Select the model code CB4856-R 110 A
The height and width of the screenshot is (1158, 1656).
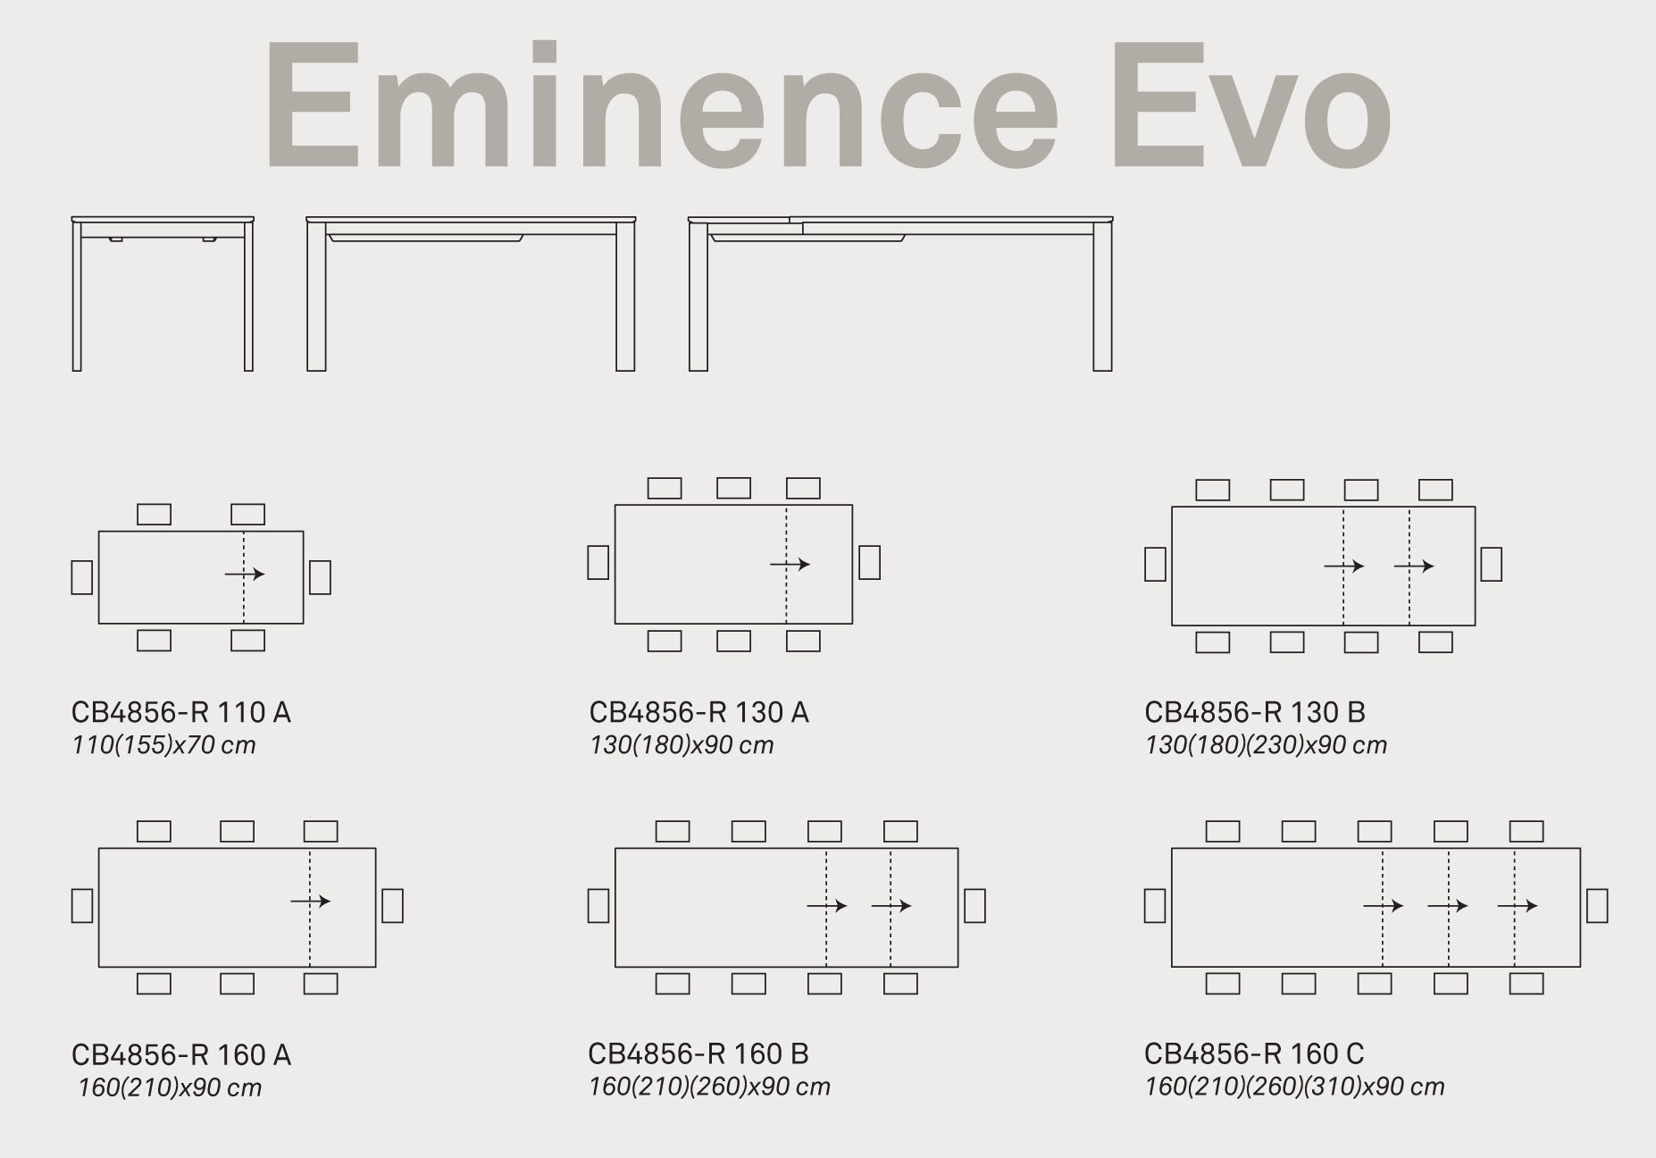[181, 712]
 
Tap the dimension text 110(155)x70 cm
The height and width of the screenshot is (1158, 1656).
[163, 744]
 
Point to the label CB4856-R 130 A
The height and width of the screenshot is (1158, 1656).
[699, 712]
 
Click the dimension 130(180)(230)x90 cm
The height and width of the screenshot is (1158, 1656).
[1266, 744]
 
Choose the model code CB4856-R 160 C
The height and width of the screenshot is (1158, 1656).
[1254, 1053]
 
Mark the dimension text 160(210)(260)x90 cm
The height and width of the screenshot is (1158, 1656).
[709, 1087]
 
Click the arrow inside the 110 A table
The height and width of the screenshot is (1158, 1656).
[245, 574]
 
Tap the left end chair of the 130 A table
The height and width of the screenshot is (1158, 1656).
[598, 562]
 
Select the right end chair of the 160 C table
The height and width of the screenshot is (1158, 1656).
[1597, 905]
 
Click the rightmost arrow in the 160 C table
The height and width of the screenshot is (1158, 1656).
[1518, 906]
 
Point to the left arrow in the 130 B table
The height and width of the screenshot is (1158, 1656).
[1344, 566]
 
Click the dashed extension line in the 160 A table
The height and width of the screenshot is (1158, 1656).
[310, 907]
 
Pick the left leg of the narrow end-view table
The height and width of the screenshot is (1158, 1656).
[77, 297]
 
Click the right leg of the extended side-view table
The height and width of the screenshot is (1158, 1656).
[1102, 297]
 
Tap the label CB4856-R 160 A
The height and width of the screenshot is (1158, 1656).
[181, 1055]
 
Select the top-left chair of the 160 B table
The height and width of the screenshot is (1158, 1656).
[673, 831]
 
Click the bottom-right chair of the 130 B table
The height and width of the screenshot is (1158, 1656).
[1435, 642]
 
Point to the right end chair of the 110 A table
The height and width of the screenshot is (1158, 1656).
[320, 577]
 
